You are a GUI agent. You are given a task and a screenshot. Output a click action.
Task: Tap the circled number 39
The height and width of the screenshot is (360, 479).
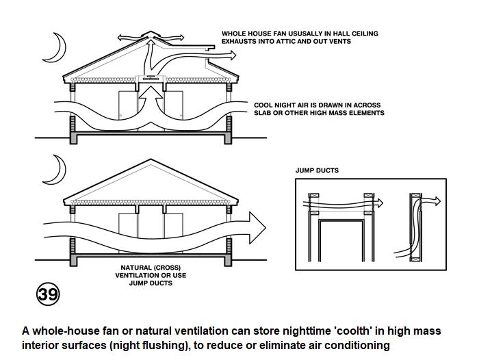47,294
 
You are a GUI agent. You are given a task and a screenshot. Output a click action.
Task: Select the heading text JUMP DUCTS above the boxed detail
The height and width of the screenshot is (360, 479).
317,170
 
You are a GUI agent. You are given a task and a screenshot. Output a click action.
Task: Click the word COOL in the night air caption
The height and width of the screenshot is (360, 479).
264,105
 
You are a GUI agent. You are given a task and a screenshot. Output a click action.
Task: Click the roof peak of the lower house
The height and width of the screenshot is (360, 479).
150,160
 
